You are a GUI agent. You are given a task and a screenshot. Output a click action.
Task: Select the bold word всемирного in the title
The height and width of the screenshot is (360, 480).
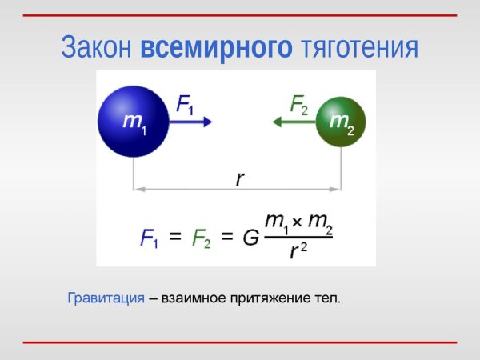tap(217, 47)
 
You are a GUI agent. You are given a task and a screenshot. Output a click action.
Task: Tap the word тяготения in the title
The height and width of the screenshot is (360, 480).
tap(360, 47)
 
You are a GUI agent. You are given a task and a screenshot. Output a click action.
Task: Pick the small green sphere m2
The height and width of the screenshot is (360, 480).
tap(342, 122)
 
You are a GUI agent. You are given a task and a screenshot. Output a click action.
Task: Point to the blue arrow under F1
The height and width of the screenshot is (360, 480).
tap(193, 122)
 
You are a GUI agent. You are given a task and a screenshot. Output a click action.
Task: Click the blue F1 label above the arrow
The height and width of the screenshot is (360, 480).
tap(185, 105)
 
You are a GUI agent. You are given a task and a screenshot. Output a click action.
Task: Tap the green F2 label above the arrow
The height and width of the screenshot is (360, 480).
tap(299, 105)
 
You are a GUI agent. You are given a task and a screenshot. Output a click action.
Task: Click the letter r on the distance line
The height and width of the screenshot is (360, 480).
tap(239, 178)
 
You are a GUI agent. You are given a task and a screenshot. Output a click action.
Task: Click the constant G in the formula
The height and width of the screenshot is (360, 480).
tap(250, 238)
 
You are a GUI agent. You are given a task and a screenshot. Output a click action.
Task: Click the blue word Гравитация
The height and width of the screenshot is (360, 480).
tap(105, 299)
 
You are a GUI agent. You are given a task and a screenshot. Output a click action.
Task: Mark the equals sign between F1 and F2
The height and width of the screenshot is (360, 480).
tap(176, 237)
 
